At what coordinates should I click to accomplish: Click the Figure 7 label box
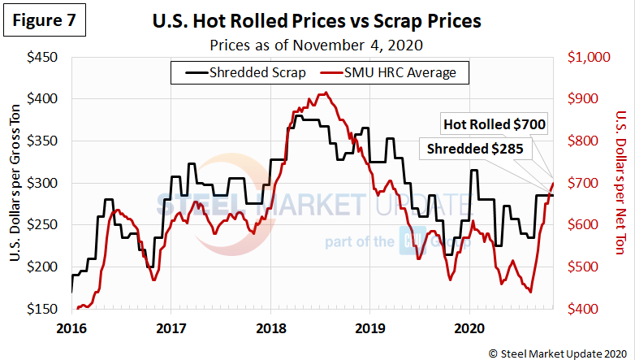pyautogui.click(x=45, y=21)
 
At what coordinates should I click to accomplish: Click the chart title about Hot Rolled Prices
pyautogui.click(x=317, y=21)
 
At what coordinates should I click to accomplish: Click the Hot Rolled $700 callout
pyautogui.click(x=494, y=125)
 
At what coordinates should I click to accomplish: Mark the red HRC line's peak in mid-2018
pyautogui.click(x=325, y=93)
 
